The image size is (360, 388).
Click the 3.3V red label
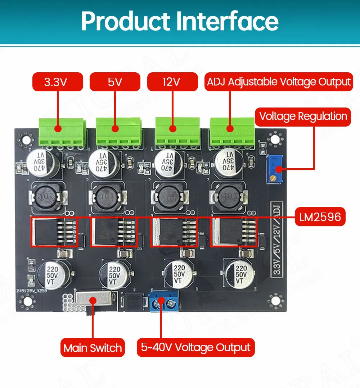58,82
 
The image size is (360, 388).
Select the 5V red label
115,82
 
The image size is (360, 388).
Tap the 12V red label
172,82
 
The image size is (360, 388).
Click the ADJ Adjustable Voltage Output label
278,82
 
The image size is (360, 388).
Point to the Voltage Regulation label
303,117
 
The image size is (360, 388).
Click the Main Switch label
93,348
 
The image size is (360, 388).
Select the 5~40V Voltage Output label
195,347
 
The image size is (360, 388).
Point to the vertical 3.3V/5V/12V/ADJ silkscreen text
277,239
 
